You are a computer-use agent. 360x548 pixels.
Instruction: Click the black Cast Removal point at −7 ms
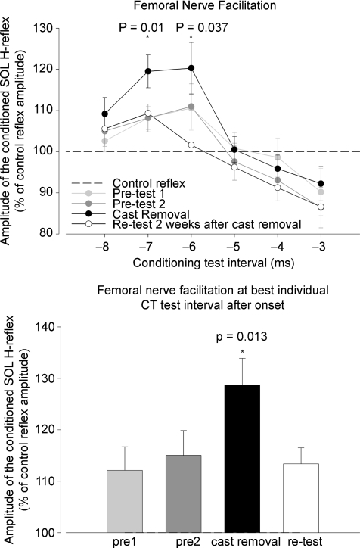(148, 72)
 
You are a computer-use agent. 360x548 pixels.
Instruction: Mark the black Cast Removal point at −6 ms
(191, 68)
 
